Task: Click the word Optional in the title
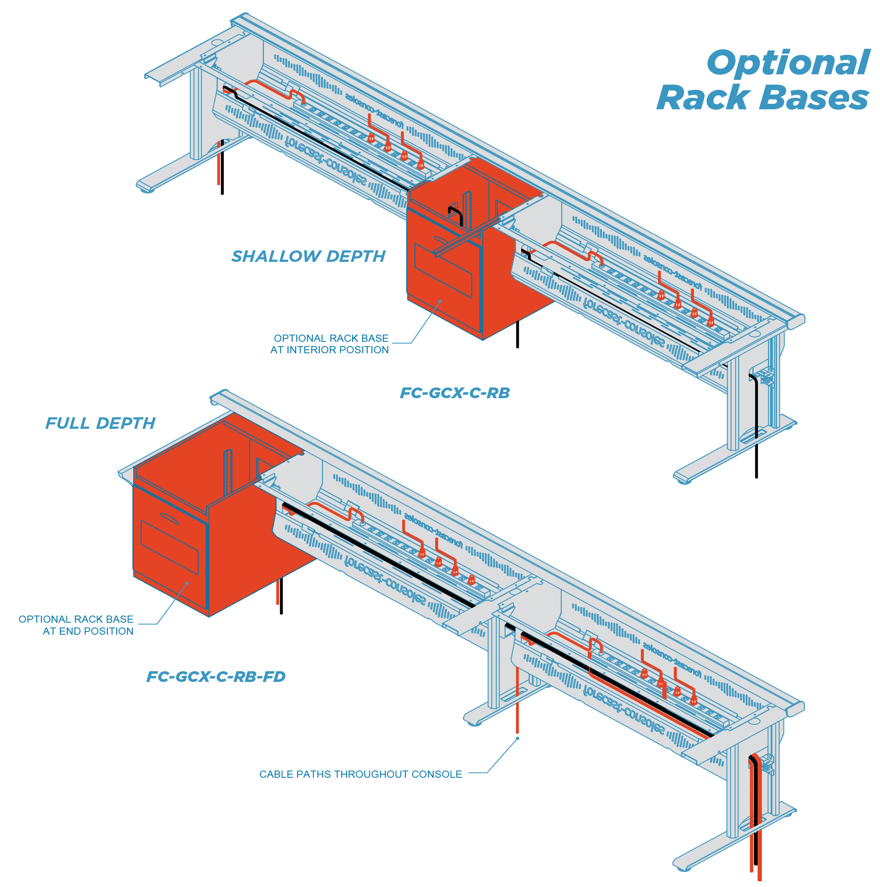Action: (788, 63)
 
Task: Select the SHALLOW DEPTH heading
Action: (308, 256)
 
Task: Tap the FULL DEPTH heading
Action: (100, 423)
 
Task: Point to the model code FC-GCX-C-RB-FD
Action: (216, 676)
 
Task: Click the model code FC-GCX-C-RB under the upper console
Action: (455, 393)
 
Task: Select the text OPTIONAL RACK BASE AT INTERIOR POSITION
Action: (330, 344)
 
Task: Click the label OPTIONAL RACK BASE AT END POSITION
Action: (76, 625)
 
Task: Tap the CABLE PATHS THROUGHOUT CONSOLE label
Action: (361, 774)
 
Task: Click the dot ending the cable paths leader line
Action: (518, 738)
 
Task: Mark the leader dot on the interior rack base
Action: (440, 301)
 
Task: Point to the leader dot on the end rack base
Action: (187, 583)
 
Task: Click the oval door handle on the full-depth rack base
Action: (169, 518)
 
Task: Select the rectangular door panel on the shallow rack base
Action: (443, 271)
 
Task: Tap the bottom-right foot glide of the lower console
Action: (684, 868)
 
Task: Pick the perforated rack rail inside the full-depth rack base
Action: (228, 473)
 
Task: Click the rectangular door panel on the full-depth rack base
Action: (169, 547)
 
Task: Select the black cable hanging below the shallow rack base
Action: (518, 334)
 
